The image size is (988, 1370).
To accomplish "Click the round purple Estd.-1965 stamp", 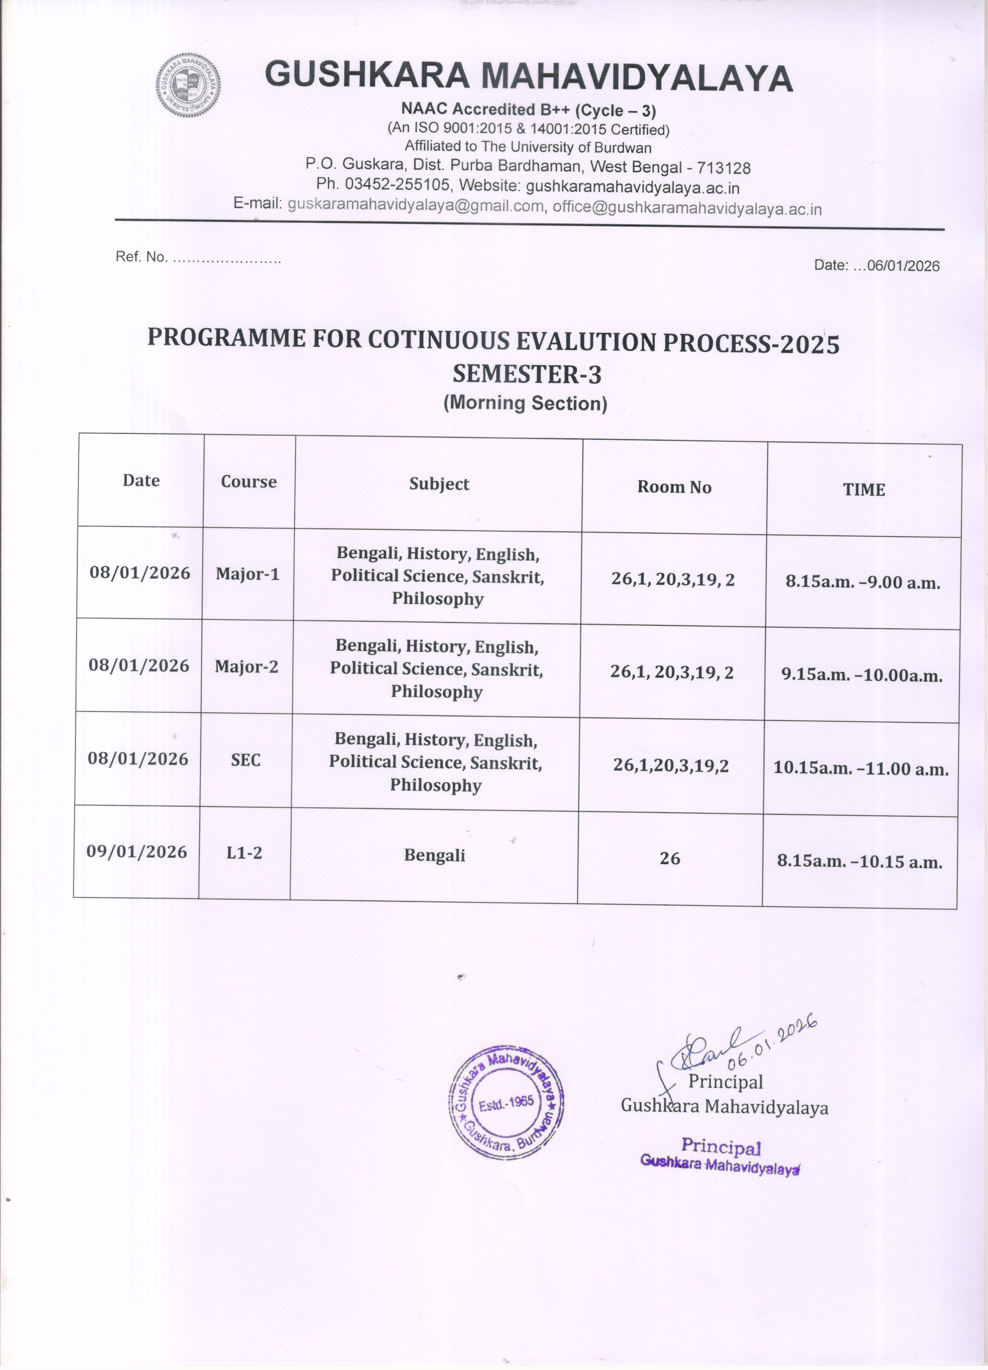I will coord(507,1102).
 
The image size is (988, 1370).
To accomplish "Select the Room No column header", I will coord(674,487).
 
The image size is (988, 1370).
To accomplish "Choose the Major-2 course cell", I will coord(247,666).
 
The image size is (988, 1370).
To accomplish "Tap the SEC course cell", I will coord(245,759).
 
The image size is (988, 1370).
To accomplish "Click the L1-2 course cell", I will coord(244,853).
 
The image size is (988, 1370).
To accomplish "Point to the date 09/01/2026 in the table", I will coord(136,852).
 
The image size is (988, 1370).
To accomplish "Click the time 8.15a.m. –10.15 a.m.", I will coord(859,861).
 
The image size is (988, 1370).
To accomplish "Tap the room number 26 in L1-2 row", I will coord(669,858).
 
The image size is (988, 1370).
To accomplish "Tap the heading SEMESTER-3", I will coord(527,375).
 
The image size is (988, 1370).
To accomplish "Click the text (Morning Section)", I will coord(525,403).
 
